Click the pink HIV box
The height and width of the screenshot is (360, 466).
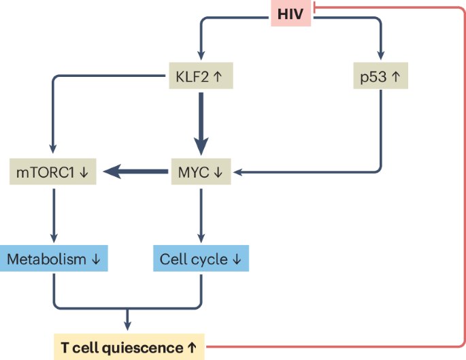coord(290,14)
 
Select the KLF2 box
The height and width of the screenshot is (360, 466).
coord(200,76)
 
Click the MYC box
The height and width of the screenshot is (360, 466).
coord(200,173)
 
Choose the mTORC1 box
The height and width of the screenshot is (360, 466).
coord(53,173)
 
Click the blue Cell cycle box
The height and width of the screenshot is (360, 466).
coord(200,259)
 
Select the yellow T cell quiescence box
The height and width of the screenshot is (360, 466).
coord(129,347)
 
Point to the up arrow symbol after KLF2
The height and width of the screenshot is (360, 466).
coord(217,76)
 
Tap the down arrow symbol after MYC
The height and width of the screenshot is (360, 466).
coord(218,173)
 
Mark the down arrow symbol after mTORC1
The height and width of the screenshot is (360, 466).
coord(84,173)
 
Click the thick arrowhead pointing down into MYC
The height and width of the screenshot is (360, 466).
coord(200,148)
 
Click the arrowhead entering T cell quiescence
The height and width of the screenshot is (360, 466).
coord(127,326)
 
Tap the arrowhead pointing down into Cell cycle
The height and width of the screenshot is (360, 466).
coord(200,239)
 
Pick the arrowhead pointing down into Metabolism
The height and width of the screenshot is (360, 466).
coord(53,239)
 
